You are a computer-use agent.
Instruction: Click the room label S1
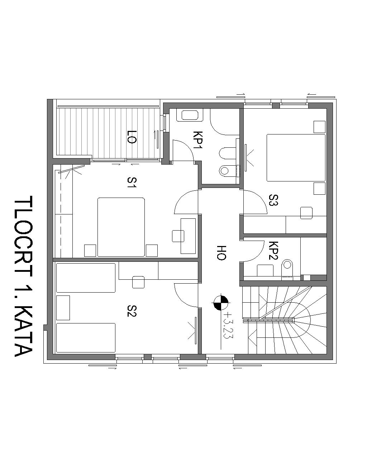pyautogui.click(x=132, y=183)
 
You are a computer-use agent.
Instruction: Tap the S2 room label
pyautogui.click(x=132, y=311)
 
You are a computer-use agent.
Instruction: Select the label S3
pyautogui.click(x=273, y=200)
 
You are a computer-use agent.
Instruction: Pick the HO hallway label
pyautogui.click(x=221, y=253)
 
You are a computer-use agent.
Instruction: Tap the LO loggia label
pyautogui.click(x=132, y=137)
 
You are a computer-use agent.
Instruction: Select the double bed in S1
pyautogui.click(x=121, y=227)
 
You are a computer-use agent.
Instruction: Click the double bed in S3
pyautogui.click(x=296, y=158)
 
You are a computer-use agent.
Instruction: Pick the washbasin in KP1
pyautogui.click(x=190, y=115)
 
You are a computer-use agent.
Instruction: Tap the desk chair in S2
pyautogui.click(x=138, y=282)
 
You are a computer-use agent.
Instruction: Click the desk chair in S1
pyautogui.click(x=178, y=236)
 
